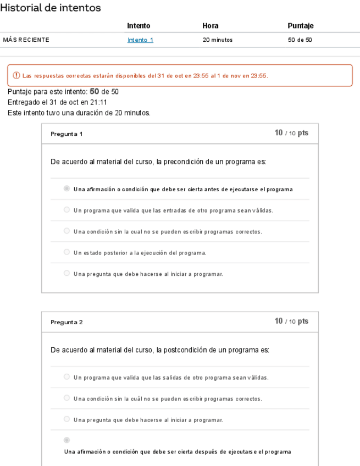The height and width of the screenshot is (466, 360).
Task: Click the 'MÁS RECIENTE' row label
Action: [26, 40]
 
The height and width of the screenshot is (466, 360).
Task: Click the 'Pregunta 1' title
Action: [66, 134]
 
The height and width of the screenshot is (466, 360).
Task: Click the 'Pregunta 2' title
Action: [66, 322]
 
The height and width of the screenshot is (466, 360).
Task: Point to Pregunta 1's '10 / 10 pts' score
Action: [291, 134]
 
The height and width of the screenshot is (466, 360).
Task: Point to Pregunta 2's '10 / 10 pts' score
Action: [291, 321]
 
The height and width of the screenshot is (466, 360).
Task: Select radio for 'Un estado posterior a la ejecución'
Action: [67, 252]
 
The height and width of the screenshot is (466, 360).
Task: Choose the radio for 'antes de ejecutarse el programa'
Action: [67, 189]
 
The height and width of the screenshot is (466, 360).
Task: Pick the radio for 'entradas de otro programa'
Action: [67, 210]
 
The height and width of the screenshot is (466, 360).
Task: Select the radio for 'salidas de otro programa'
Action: [67, 377]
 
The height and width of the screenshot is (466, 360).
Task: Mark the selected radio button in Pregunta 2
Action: [67, 440]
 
